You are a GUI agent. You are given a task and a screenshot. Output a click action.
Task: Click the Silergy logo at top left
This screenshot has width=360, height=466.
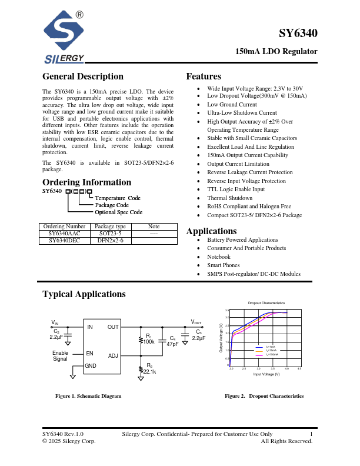point(64,38)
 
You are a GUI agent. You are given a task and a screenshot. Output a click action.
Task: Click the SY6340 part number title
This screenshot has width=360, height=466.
point(298,34)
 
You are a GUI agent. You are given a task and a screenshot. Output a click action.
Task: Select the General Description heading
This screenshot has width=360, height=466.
point(83,76)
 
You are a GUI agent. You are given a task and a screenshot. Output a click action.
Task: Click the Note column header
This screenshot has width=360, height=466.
point(154,227)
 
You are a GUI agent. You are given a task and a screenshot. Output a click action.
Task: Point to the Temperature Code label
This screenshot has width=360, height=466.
point(118,198)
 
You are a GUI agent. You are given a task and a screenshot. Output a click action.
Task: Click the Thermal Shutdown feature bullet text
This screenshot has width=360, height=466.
point(229,198)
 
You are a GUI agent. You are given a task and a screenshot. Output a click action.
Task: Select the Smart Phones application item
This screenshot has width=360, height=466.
point(223,265)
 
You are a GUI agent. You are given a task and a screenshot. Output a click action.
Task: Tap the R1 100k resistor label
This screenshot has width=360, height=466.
point(149,339)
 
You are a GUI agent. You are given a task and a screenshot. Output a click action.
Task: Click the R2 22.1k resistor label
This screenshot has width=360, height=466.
point(149,369)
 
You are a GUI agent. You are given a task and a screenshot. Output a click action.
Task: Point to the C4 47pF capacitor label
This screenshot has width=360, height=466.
point(172,341)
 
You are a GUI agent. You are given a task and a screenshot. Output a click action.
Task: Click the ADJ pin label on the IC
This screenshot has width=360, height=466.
point(113,356)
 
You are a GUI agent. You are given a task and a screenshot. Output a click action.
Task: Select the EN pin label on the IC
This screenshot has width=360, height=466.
point(90,354)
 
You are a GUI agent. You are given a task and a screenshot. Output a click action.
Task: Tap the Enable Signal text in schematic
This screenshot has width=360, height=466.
point(60,356)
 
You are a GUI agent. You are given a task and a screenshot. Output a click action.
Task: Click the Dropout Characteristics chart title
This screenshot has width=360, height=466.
point(266,302)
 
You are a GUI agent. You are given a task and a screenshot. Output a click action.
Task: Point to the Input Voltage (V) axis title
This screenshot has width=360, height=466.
point(266,374)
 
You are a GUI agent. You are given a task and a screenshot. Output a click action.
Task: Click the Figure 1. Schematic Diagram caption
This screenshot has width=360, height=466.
point(88,396)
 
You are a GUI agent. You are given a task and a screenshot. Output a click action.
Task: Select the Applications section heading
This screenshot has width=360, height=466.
point(211,231)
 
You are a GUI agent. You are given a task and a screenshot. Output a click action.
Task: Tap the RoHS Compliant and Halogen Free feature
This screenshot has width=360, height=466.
point(249,207)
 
